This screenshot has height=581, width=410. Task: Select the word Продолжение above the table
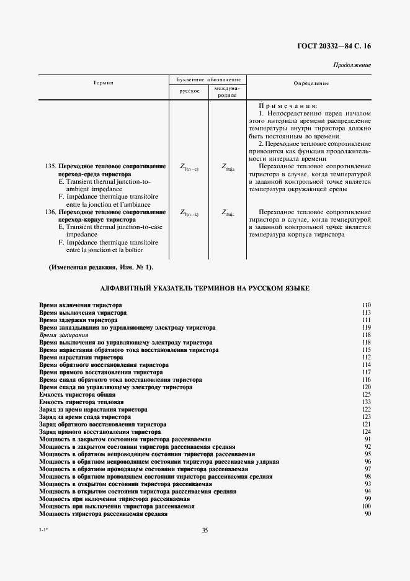click(x=352, y=65)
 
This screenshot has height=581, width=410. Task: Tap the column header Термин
click(x=103, y=83)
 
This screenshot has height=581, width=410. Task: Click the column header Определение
click(x=310, y=83)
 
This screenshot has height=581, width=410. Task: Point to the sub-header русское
click(x=189, y=91)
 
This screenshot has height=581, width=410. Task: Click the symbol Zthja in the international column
click(x=228, y=166)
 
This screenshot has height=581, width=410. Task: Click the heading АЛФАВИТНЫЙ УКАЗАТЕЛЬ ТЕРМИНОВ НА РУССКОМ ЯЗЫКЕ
click(x=205, y=289)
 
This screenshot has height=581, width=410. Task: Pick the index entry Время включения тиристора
click(x=80, y=305)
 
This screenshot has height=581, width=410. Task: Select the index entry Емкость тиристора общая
click(x=77, y=395)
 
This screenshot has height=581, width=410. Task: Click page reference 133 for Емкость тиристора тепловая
click(x=366, y=402)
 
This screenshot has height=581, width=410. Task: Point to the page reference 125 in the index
click(x=366, y=395)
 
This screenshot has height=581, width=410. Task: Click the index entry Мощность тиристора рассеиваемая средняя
click(x=103, y=514)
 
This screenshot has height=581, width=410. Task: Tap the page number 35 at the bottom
click(x=205, y=530)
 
